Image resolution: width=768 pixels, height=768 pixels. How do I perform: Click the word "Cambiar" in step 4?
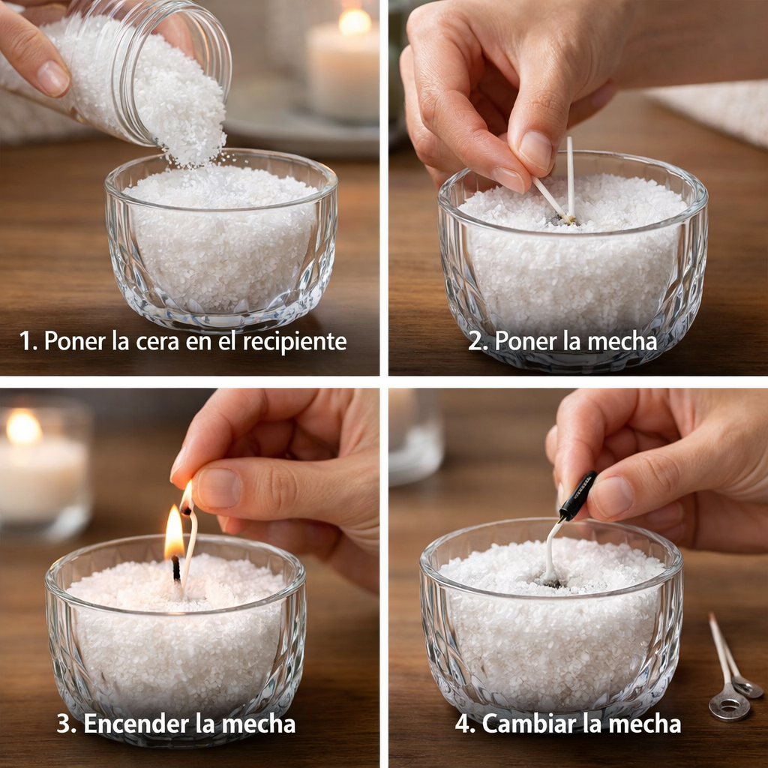(x=524, y=724)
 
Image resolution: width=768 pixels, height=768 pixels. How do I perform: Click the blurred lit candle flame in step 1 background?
(x=355, y=22)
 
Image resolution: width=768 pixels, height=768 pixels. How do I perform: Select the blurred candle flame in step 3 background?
(x=23, y=427)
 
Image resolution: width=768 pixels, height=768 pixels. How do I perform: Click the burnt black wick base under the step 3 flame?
(x=175, y=568)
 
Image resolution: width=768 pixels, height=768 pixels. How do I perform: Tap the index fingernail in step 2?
(x=534, y=151)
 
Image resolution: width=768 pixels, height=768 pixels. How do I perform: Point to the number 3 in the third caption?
(x=64, y=724)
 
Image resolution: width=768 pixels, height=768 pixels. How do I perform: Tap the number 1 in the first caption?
(x=24, y=341)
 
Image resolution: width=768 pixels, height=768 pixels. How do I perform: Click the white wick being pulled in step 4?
(x=551, y=548)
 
